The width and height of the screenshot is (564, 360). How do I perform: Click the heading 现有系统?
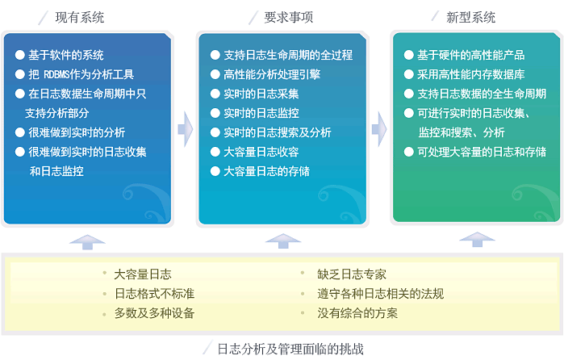pos(80,17)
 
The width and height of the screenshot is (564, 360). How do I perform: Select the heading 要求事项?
pos(289,17)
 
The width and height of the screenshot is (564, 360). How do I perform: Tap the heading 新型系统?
pos(470,17)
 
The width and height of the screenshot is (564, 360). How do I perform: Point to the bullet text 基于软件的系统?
pos(66,55)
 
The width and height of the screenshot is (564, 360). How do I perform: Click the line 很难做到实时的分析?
pos(77,132)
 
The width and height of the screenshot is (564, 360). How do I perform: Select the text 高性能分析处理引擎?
pos(272,74)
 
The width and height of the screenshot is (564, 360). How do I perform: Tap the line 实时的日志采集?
pos(261,94)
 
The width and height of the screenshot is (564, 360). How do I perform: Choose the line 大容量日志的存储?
pos(266,171)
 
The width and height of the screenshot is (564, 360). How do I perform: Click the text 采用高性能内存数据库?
pos(471,74)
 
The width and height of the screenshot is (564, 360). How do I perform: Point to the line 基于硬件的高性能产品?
pos(471,55)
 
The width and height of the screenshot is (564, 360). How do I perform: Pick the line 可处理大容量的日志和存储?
pos(482,152)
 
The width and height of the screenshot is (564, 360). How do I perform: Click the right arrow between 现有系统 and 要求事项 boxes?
pos(186,129)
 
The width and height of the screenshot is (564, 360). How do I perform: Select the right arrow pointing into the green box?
pos(379,129)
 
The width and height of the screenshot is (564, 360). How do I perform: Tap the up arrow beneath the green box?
pos(478,240)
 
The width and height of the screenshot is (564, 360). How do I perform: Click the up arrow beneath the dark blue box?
pos(87,242)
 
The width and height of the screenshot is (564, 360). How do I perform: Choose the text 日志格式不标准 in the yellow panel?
pos(154,294)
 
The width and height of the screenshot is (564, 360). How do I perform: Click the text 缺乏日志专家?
pos(352,274)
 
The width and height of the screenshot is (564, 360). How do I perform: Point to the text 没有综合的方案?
pos(357,313)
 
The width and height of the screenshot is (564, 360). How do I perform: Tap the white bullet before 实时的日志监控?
pos(215,113)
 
